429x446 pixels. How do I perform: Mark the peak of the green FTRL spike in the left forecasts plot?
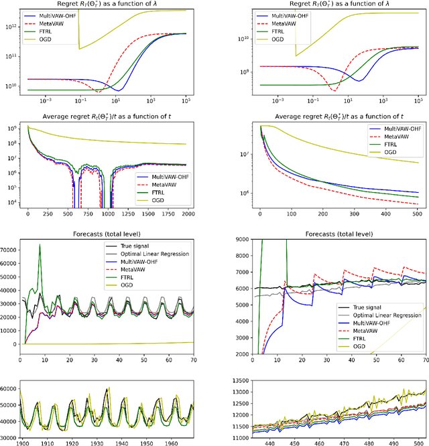40,244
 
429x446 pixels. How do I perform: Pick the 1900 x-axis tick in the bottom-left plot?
22,443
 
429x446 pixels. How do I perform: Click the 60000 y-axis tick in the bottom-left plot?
9,388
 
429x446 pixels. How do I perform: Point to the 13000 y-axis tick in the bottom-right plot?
239,392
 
